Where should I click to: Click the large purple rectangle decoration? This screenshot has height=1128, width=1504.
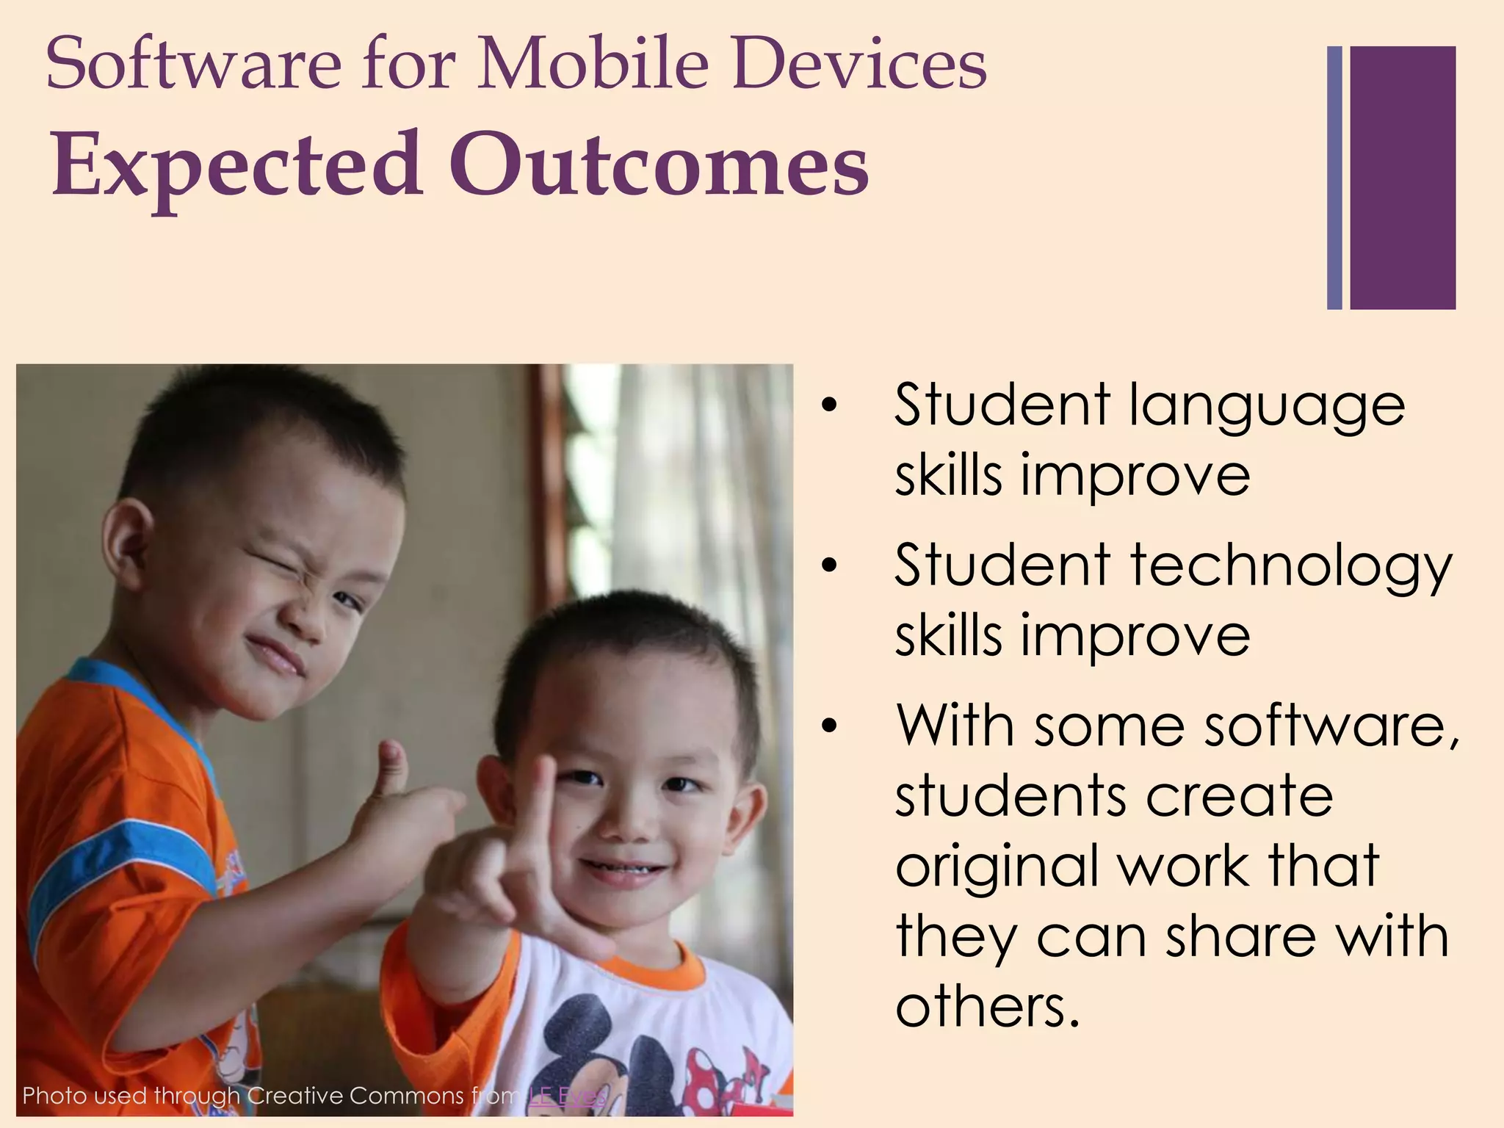click(x=1402, y=178)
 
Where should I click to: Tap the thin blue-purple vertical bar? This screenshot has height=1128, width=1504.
click(x=1334, y=178)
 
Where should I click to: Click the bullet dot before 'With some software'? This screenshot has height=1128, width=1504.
click(x=830, y=726)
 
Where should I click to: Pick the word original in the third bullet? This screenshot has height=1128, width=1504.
click(x=999, y=867)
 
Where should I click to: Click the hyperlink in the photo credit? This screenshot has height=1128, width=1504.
click(x=566, y=1096)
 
